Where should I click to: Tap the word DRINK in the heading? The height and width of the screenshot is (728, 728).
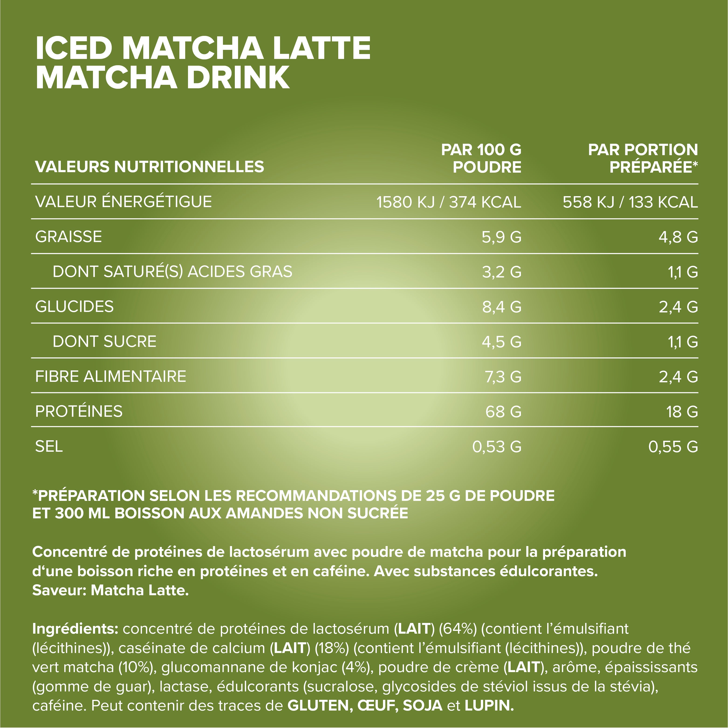[x=238, y=78]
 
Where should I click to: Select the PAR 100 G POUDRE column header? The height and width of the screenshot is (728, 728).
[x=481, y=158]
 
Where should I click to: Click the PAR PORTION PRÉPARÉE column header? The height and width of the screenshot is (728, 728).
[x=643, y=158]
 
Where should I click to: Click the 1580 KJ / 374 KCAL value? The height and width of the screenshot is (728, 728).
[x=448, y=202]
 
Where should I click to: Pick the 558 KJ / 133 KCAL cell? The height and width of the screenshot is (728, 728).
[x=630, y=202]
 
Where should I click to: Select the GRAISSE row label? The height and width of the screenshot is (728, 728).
[x=68, y=237]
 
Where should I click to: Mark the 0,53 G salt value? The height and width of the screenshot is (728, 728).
[x=497, y=447]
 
